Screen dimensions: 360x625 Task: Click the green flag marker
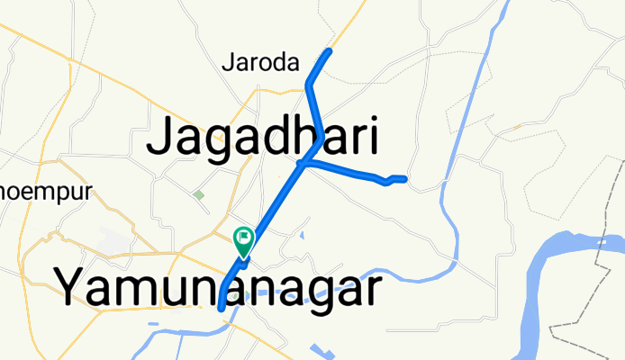pos(243,239)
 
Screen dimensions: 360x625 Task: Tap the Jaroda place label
pos(259,63)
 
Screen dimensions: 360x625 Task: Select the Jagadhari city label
pos(261,139)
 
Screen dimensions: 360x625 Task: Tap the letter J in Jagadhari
pos(162,139)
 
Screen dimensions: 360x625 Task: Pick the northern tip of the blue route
pos(330,50)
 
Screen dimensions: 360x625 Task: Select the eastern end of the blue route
pos(406,179)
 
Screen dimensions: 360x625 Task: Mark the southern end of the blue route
pos(222,309)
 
